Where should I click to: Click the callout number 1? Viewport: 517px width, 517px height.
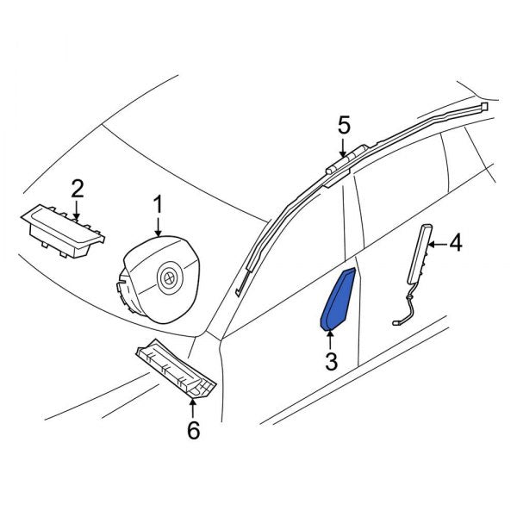(159, 204)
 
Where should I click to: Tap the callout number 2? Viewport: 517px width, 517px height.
(78, 188)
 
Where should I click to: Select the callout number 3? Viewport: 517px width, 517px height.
(332, 361)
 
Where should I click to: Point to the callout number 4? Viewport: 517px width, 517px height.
(456, 244)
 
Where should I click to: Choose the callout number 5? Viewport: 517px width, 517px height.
(344, 126)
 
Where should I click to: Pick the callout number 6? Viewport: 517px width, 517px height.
(194, 430)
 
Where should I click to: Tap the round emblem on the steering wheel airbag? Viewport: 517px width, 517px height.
(170, 279)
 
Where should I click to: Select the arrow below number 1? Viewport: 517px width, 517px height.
(159, 227)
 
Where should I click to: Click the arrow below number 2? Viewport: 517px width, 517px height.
(76, 209)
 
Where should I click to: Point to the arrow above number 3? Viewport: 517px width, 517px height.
(330, 340)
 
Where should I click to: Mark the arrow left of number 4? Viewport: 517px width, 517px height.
(437, 245)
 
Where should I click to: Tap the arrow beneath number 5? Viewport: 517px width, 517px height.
(343, 147)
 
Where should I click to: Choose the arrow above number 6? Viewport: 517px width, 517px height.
(192, 408)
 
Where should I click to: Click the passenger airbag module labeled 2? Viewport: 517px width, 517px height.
(63, 231)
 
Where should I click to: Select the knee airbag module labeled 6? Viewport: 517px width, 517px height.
(176, 369)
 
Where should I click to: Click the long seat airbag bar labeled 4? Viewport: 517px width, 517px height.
(420, 254)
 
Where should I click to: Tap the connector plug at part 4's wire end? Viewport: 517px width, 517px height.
(396, 322)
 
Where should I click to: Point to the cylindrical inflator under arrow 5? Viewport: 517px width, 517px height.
(347, 161)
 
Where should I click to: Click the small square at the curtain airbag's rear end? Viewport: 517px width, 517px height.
(484, 106)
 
